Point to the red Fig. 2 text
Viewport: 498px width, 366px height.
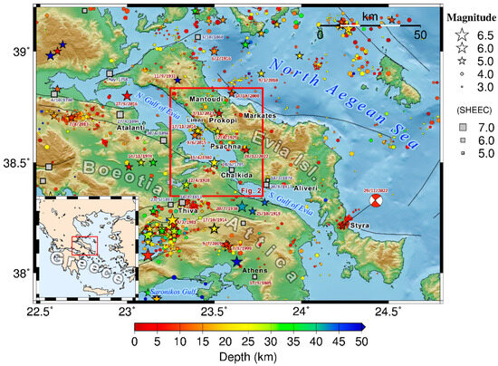pyautogui.click(x=252, y=192)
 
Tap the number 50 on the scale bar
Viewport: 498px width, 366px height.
pyautogui.click(x=420, y=33)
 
